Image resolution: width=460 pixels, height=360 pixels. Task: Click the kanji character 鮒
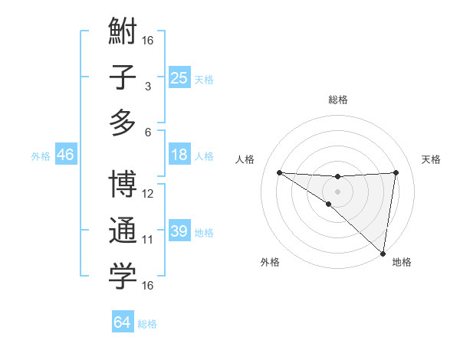123,34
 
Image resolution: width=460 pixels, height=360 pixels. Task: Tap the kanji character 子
123,79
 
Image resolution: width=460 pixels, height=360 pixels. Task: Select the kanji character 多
123,123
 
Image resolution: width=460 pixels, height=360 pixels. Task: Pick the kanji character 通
123,231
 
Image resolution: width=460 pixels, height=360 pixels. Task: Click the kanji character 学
123,277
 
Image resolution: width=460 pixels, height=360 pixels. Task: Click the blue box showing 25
179,77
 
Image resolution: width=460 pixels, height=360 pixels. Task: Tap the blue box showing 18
179,155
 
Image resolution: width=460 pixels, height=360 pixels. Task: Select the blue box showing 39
179,231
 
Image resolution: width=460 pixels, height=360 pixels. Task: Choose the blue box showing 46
65,155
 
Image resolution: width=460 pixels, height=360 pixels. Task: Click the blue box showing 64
122,322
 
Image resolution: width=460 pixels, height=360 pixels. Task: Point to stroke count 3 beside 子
148,87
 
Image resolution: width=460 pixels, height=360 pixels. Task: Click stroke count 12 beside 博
148,194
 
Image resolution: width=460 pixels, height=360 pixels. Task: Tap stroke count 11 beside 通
148,240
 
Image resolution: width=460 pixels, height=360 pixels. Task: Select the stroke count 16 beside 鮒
148,40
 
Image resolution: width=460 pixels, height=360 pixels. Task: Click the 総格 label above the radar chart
337,100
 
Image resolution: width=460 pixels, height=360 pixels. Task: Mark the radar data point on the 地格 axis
383,253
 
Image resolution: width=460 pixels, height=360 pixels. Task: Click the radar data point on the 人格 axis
279,172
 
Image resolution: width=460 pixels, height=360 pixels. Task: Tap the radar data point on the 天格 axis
396,172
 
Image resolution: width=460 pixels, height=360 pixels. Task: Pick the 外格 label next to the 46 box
41,156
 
